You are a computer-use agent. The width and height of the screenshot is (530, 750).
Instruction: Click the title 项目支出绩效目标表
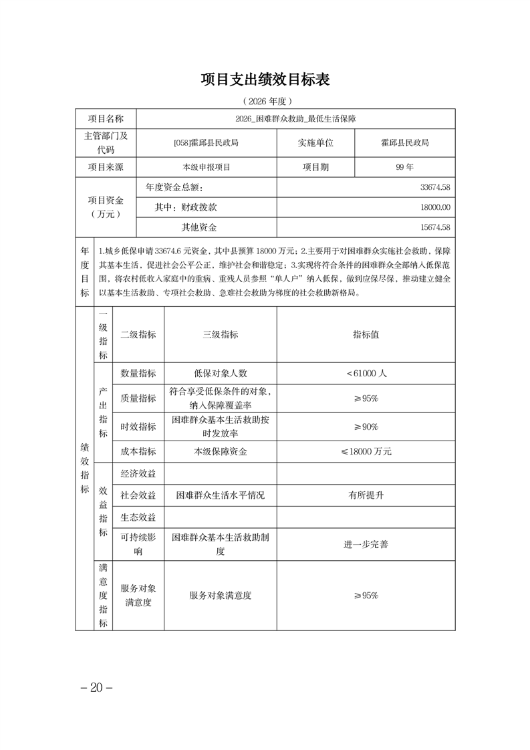tap(265, 80)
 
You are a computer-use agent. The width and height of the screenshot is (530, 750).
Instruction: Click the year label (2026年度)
tap(265, 102)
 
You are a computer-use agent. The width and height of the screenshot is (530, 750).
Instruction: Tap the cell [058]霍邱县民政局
tap(206, 143)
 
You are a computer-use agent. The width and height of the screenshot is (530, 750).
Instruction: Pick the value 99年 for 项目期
tap(405, 167)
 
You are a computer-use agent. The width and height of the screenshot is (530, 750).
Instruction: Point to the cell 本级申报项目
tap(206, 167)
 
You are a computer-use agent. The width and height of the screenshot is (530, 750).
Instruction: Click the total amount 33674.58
tap(435, 188)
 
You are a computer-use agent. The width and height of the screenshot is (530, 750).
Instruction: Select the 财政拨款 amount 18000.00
tap(435, 207)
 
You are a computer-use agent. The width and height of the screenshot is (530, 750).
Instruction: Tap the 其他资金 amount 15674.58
tap(435, 227)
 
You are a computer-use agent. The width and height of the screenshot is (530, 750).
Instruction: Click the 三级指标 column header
tap(221, 334)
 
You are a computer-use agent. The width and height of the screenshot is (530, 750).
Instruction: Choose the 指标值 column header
tap(366, 334)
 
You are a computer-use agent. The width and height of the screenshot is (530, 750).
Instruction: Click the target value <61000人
tap(366, 374)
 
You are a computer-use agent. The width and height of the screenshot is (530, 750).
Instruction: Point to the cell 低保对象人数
tap(221, 374)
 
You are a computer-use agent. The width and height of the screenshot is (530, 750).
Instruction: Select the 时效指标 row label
tap(138, 426)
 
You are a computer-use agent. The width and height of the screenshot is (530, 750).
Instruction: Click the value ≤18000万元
tap(366, 451)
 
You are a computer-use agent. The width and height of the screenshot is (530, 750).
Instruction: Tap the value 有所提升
tap(366, 495)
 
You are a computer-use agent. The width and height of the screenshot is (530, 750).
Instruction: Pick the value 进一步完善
tap(366, 544)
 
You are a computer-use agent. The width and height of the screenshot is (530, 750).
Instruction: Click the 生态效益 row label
tap(138, 517)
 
